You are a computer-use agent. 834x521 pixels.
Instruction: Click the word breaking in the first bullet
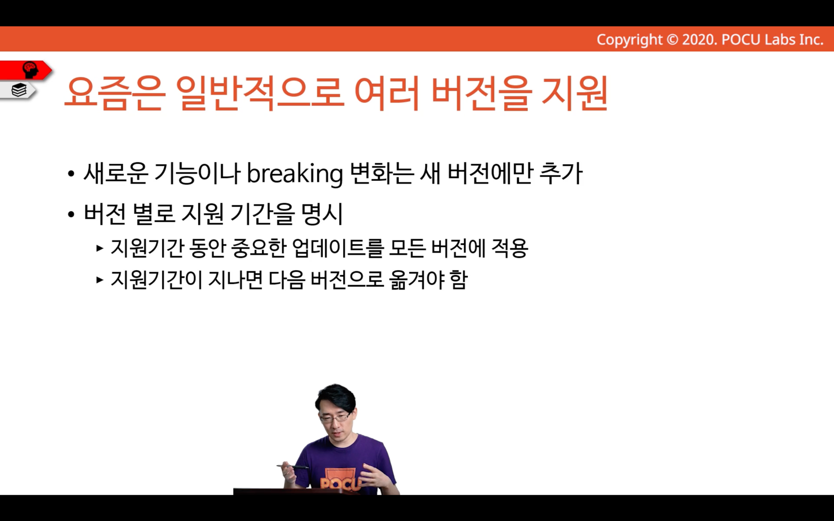coord(295,174)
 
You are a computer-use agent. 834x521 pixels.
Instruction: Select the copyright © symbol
coord(672,40)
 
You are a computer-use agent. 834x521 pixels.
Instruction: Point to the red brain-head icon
coord(30,70)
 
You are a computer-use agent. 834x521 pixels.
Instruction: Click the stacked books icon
coord(19,90)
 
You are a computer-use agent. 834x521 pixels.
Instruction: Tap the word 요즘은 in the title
coord(115,93)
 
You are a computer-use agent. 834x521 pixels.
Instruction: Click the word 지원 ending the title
coord(575,93)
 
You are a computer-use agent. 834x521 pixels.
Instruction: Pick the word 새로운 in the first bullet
coord(116,174)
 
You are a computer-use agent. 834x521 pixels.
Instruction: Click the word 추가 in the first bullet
coord(561,174)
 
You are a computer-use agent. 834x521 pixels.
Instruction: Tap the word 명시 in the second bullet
coord(323,214)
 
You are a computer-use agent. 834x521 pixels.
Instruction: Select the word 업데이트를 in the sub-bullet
coord(338,248)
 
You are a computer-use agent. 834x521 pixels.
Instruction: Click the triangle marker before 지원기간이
coord(100,280)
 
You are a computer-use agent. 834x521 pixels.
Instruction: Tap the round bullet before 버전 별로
coord(71,214)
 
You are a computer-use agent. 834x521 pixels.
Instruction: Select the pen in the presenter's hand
coord(293,466)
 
